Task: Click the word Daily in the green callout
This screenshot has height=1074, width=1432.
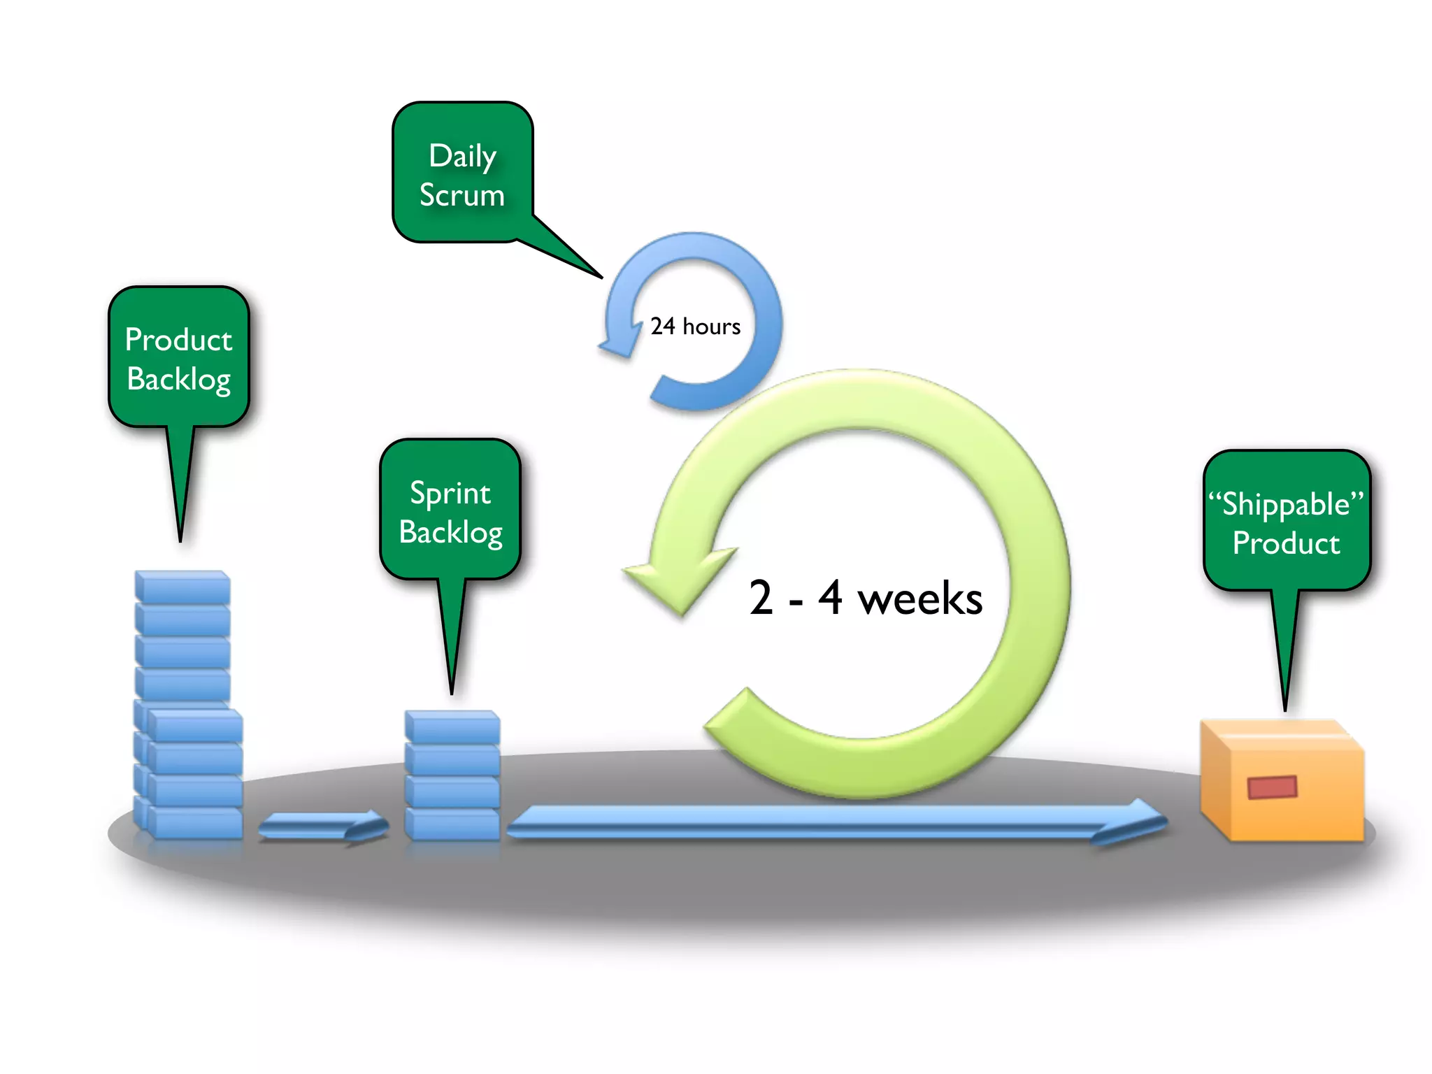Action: coord(463,155)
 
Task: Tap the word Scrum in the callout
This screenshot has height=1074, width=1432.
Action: coord(461,195)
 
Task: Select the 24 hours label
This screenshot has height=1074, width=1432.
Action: coord(695,327)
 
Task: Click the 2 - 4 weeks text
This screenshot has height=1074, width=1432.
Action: coord(866,599)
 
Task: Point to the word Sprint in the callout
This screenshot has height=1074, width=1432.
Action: coord(450,494)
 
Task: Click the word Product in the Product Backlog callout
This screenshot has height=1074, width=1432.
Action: coord(178,340)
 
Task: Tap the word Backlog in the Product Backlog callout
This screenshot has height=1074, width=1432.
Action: coord(178,380)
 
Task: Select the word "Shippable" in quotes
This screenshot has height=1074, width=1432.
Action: coord(1286,504)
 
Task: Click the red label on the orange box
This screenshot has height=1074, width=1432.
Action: coord(1272,787)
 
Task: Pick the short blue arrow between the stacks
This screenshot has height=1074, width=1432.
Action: coord(322,826)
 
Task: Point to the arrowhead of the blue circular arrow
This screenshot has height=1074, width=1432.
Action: coord(620,343)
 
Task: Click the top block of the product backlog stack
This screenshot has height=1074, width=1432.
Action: coord(182,587)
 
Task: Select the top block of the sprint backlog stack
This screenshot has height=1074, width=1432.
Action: coord(452,726)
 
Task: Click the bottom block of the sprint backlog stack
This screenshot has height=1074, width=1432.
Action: coord(452,824)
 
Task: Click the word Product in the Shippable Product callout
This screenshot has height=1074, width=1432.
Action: coord(1286,543)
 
